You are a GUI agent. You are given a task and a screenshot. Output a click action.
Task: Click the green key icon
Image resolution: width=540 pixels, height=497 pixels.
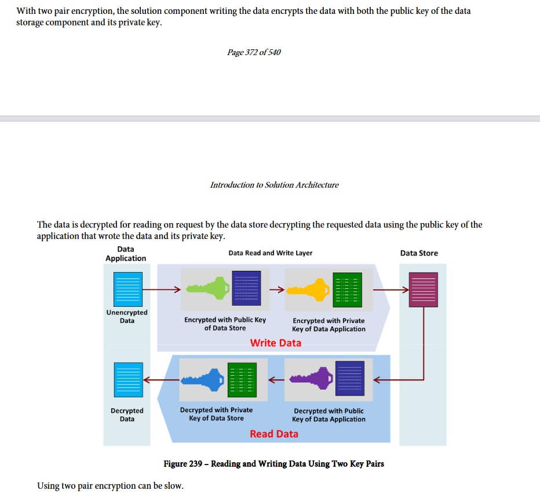(207, 288)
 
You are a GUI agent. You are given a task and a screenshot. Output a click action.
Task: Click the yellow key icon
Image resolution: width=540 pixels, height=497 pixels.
(308, 289)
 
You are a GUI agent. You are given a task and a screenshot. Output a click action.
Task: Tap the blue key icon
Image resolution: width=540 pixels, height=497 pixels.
(203, 380)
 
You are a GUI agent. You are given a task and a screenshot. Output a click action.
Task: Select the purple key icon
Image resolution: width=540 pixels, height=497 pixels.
(311, 379)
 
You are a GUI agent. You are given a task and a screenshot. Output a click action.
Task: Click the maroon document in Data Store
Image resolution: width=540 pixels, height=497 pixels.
(424, 289)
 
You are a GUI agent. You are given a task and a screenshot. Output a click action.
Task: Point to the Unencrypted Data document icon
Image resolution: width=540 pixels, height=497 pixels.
(128, 289)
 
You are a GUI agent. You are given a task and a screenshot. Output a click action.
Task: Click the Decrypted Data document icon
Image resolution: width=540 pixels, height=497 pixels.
(128, 380)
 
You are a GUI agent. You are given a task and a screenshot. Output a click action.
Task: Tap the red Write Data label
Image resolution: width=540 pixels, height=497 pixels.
(276, 343)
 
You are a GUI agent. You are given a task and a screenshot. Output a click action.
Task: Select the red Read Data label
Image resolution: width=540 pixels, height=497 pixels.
(274, 434)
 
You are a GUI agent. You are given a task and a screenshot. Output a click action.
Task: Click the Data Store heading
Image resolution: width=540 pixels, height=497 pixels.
(419, 253)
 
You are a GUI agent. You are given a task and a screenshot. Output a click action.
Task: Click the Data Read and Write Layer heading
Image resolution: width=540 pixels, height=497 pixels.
(271, 253)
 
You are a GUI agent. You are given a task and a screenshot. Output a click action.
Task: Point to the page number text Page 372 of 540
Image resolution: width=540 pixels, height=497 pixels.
(254, 52)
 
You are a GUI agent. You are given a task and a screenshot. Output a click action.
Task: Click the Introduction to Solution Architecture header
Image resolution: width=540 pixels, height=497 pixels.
(275, 185)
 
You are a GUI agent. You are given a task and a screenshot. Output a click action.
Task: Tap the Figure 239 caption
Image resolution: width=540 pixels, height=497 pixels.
(274, 463)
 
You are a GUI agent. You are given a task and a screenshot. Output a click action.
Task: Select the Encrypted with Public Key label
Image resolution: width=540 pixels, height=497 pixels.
(225, 324)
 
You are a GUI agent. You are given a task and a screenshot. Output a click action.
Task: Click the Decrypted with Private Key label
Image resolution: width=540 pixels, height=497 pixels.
(216, 414)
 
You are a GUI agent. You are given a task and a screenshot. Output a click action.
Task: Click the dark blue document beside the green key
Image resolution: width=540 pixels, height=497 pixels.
(246, 288)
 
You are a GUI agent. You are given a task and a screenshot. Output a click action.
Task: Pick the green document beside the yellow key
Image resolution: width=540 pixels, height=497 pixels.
(348, 289)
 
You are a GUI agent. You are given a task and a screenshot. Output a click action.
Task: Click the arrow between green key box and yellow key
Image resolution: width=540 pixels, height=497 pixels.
(277, 289)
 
